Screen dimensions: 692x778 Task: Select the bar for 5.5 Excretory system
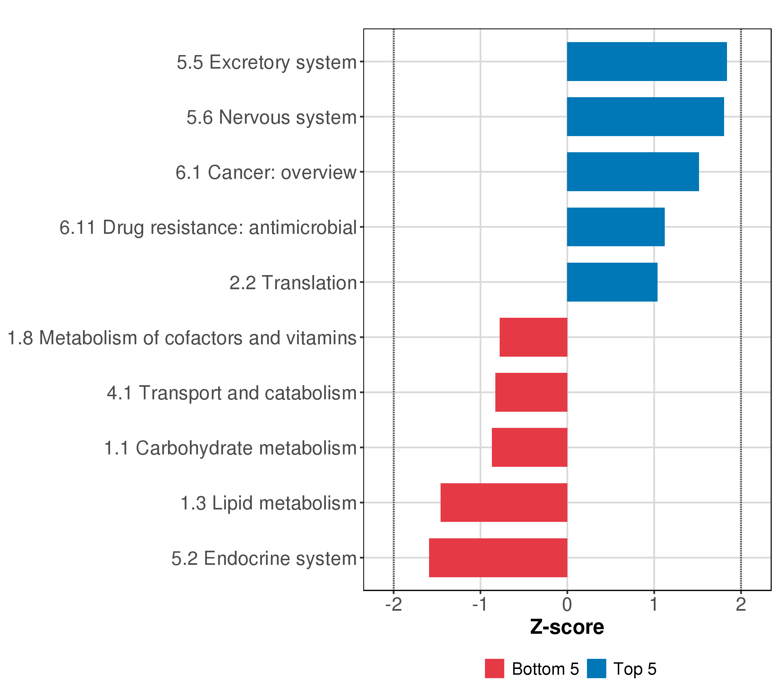coord(647,61)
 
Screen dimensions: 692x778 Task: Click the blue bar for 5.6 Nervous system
coord(645,116)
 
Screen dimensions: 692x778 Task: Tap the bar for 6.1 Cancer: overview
coord(632,172)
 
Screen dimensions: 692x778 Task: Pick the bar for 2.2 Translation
coord(612,282)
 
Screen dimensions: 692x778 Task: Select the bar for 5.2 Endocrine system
coord(498,558)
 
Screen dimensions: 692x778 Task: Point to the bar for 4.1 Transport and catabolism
coord(531,392)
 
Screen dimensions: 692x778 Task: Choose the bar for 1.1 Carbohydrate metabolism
coord(529,447)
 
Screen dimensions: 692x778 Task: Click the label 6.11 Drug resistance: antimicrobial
coord(208,228)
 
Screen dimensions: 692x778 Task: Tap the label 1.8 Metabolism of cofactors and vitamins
coord(182,338)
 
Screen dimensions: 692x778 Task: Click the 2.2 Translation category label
coord(293,283)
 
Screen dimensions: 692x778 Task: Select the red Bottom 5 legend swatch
coord(494,669)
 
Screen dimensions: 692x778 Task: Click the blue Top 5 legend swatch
coord(596,669)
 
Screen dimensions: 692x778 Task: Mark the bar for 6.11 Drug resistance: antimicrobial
coord(615,227)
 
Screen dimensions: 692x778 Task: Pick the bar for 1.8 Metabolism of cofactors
coord(533,337)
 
